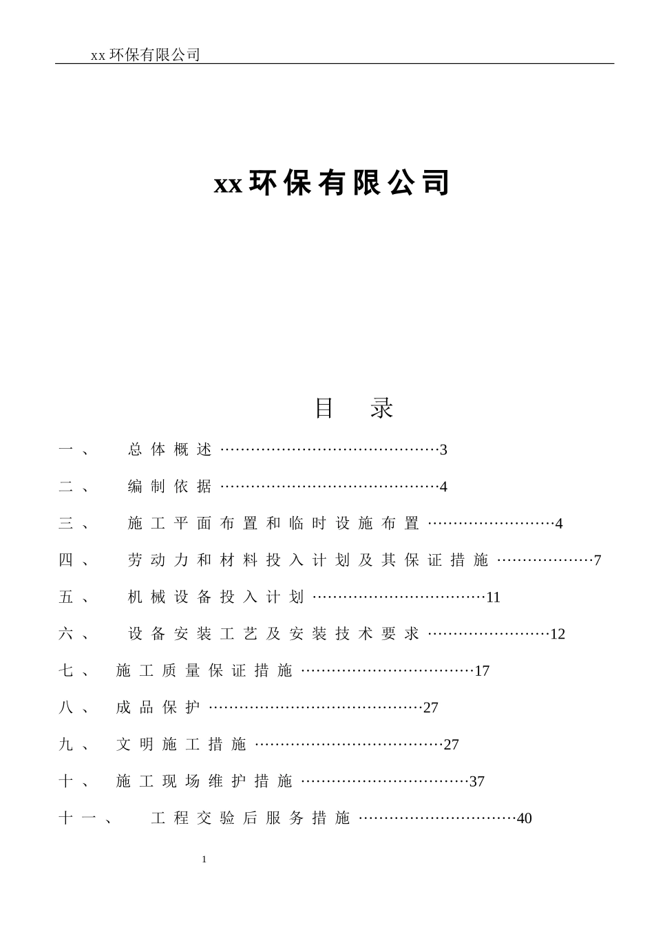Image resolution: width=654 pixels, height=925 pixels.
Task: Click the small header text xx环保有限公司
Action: [145, 55]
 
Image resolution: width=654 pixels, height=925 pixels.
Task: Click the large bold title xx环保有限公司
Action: [332, 183]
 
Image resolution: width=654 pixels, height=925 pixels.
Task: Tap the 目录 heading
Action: [354, 408]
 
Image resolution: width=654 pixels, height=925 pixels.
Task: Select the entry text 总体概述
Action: [170, 450]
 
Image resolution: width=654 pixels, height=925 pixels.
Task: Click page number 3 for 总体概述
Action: [443, 450]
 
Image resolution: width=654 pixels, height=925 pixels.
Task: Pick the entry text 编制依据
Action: [170, 487]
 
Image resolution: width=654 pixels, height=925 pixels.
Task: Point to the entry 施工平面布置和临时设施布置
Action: [273, 524]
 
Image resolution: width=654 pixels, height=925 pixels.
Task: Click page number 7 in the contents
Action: [598, 560]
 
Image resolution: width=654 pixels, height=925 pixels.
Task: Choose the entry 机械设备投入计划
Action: [215, 597]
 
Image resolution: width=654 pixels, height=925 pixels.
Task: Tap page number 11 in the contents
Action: [493, 597]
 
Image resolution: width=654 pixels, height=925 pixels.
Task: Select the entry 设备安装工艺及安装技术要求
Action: [273, 634]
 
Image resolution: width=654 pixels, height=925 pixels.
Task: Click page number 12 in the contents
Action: [558, 634]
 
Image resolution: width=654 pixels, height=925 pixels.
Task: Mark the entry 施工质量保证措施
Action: [204, 671]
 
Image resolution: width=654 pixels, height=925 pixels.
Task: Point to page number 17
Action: [482, 671]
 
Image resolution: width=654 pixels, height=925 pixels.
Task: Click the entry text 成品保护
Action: [158, 708]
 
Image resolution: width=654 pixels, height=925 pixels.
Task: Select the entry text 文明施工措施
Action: [182, 745]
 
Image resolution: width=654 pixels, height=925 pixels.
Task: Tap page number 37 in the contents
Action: [477, 782]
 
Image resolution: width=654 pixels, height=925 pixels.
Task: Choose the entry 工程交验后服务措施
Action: [251, 818]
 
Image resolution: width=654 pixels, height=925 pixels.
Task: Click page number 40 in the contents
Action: [525, 819]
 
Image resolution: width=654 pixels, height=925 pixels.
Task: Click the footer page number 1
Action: [204, 860]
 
